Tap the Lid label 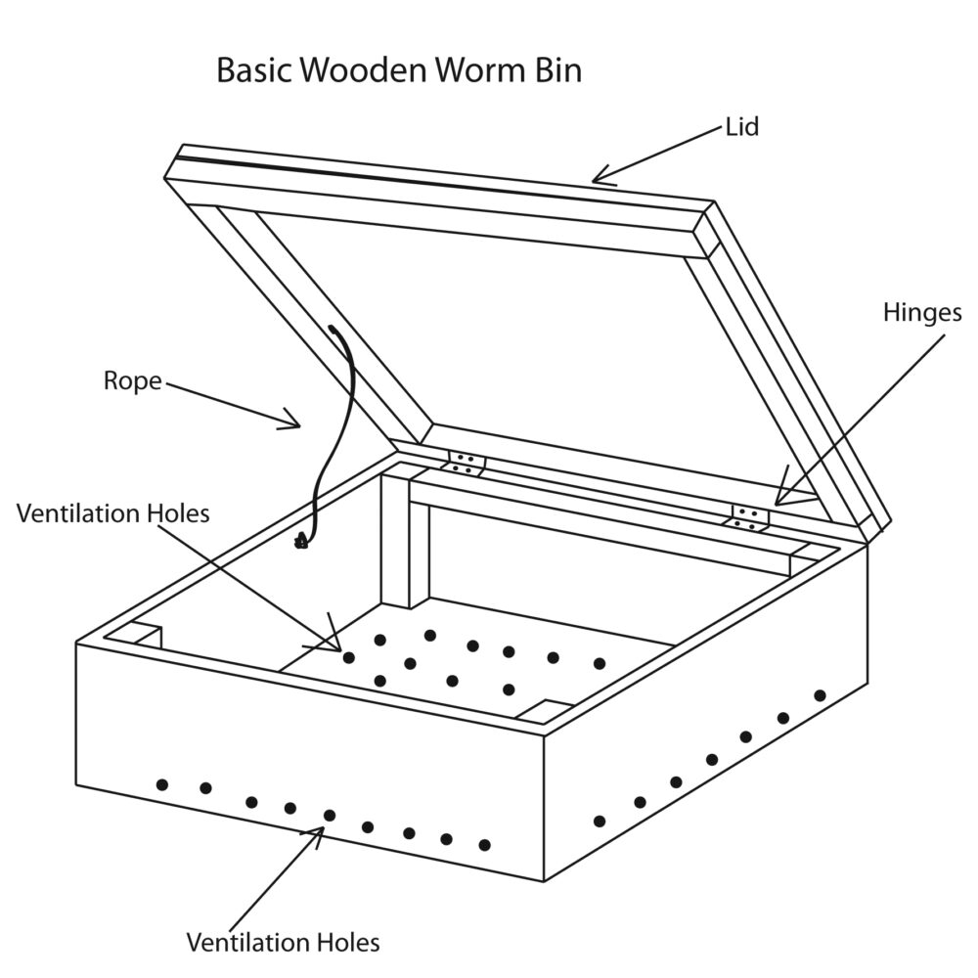(742, 126)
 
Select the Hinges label (922, 313)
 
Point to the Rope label (132, 380)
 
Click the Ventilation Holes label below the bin (283, 943)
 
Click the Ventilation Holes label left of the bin (112, 513)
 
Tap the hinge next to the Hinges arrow (748, 517)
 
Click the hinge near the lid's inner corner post (467, 463)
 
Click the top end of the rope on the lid (333, 331)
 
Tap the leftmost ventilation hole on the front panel (162, 784)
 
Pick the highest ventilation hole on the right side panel (820, 695)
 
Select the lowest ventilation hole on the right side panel (600, 821)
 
